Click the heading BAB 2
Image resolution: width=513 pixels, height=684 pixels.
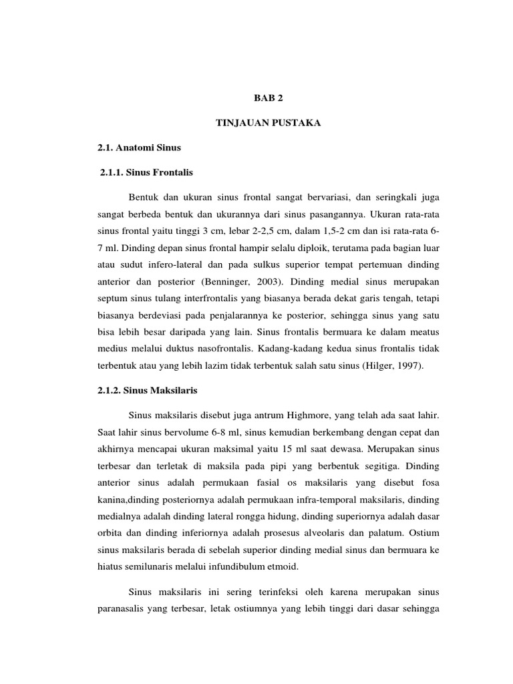tap(269, 97)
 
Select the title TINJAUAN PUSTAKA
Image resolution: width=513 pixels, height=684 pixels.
tap(269, 123)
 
